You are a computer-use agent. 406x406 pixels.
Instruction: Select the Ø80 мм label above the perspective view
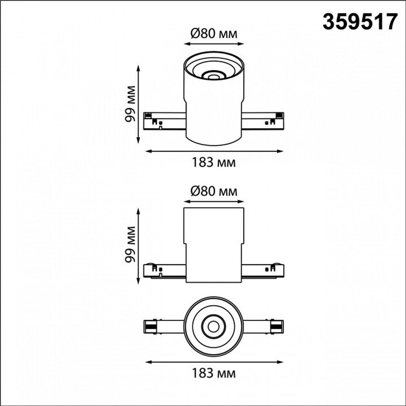[x=213, y=34]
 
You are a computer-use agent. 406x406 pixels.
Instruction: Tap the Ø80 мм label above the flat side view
[x=213, y=191]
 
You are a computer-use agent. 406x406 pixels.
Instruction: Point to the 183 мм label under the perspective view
[x=214, y=163]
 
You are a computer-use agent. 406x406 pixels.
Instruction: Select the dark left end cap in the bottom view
[x=150, y=326]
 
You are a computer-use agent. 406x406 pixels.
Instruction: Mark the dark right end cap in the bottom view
[x=277, y=326]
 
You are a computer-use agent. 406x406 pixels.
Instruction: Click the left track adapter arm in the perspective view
[x=165, y=121]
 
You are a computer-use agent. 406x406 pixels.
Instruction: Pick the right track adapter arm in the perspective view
[x=263, y=121]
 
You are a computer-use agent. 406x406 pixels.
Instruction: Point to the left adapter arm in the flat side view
[x=165, y=270]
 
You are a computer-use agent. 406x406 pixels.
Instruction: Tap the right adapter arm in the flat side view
[x=263, y=270]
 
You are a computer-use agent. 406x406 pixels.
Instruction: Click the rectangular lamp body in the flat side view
[x=214, y=244]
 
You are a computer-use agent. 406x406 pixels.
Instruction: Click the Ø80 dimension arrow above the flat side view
[x=214, y=201]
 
